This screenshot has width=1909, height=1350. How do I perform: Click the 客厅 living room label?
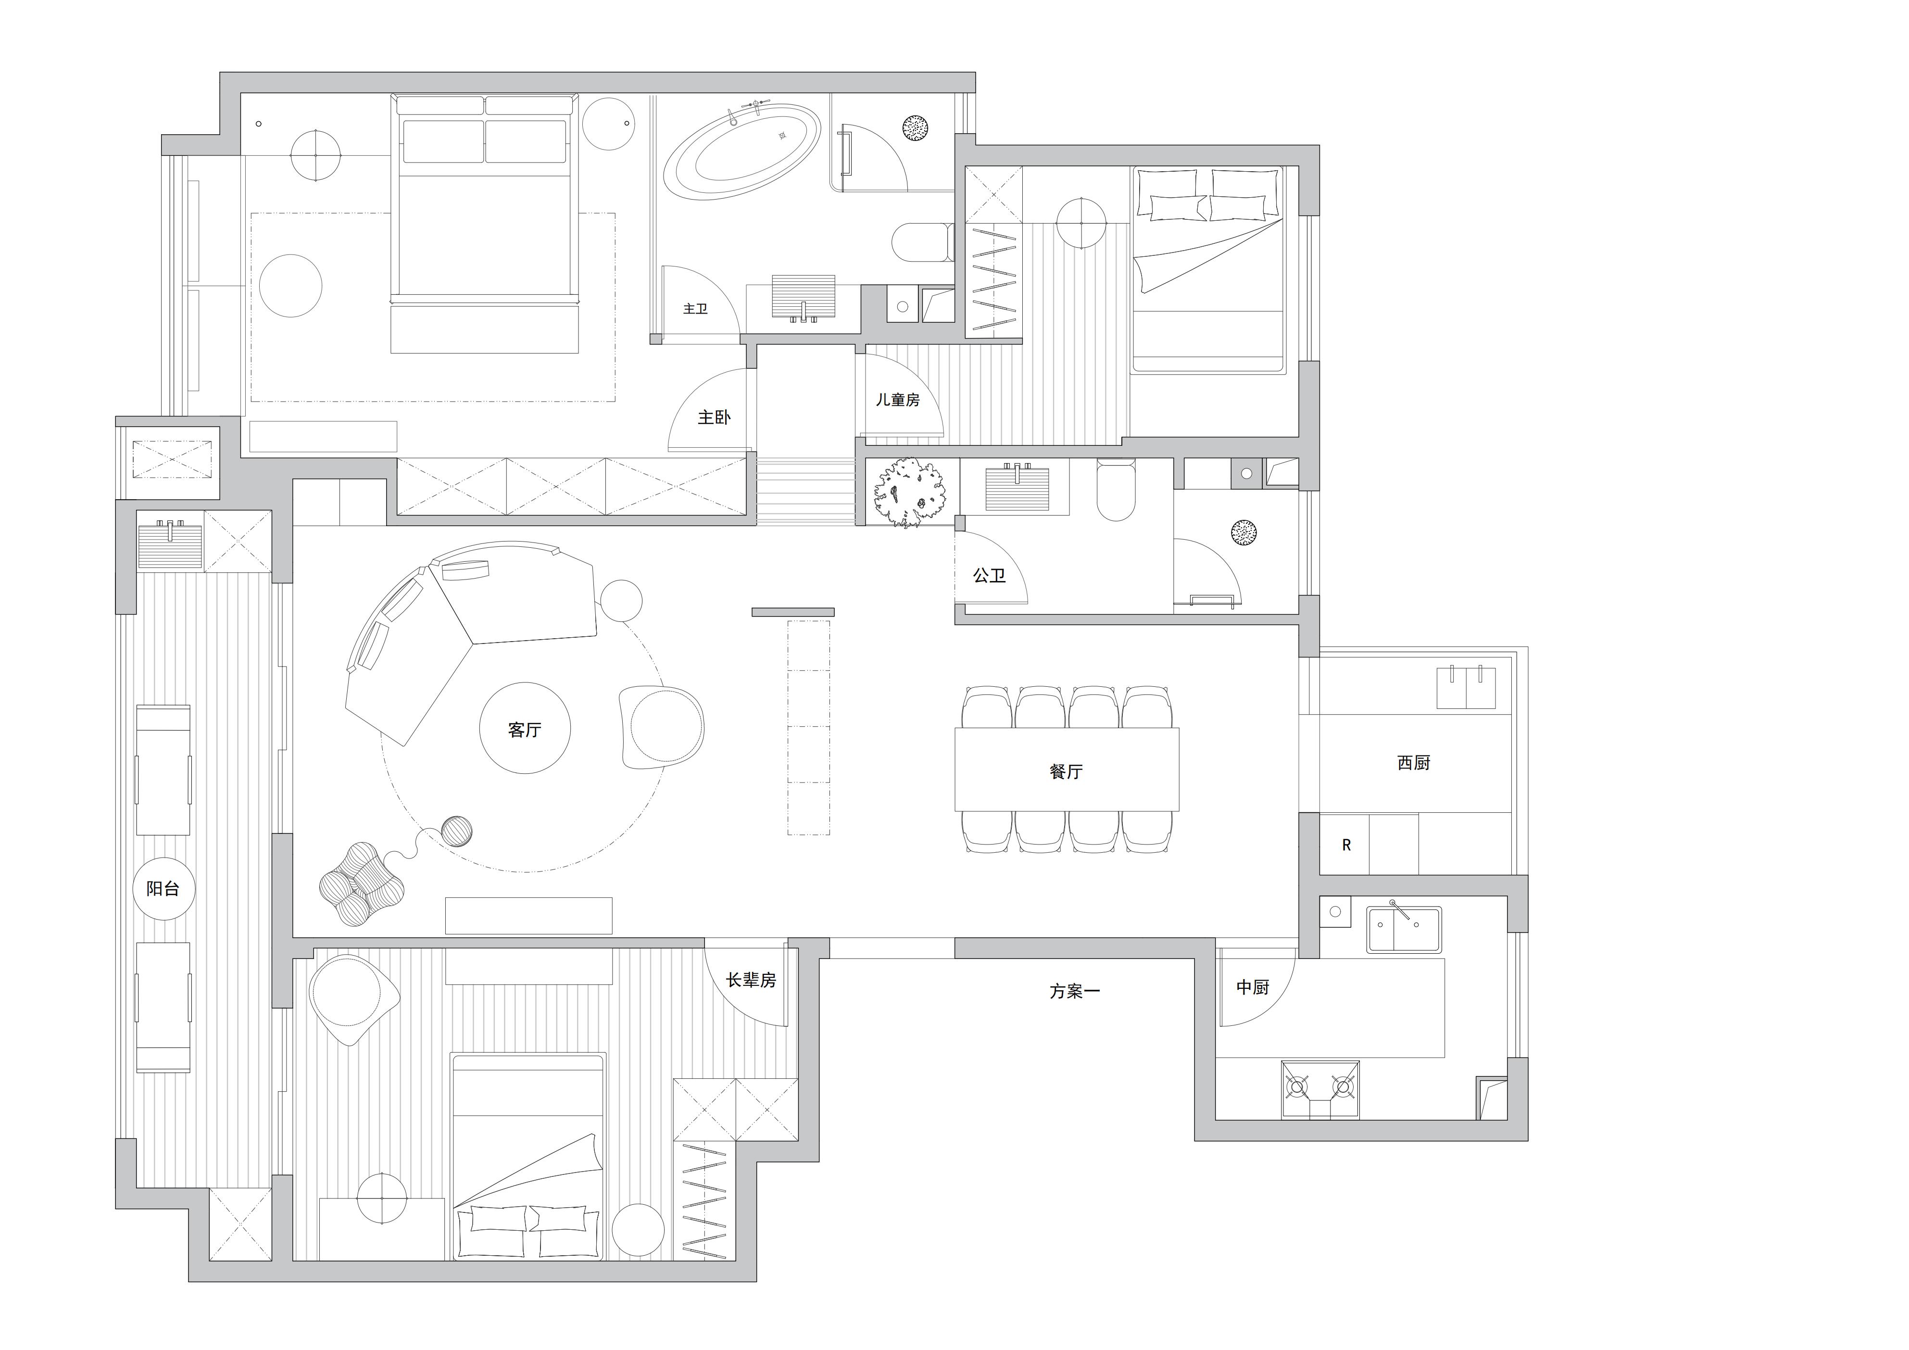click(525, 730)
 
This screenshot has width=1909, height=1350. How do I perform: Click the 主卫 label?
click(695, 309)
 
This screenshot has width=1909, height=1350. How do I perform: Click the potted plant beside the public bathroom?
click(910, 493)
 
